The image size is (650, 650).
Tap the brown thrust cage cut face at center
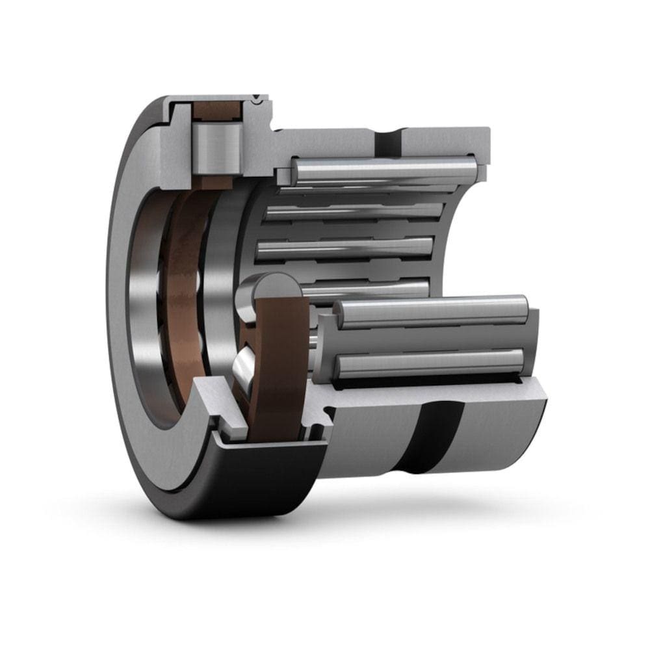pyautogui.click(x=281, y=364)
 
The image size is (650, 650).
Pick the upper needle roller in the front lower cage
pyautogui.click(x=432, y=311)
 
